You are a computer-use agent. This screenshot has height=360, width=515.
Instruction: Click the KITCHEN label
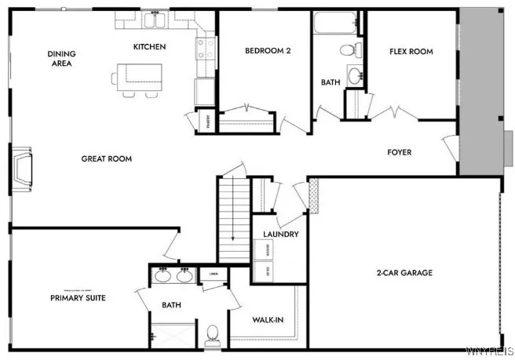coord(149,47)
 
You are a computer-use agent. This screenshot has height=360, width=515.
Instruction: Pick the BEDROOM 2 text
coord(268,50)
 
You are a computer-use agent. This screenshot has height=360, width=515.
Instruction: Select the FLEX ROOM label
coord(411,52)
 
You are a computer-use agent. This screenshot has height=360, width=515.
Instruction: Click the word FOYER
coord(399,152)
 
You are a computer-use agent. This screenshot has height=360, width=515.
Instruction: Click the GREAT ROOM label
coord(107,159)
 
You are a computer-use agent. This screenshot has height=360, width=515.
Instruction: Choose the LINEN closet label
coord(213,274)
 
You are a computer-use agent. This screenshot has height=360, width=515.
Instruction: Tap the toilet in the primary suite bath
coord(212,336)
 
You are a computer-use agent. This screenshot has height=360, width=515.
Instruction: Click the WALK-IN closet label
coord(267,320)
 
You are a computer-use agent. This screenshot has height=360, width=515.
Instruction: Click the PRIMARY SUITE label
coord(78,298)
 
